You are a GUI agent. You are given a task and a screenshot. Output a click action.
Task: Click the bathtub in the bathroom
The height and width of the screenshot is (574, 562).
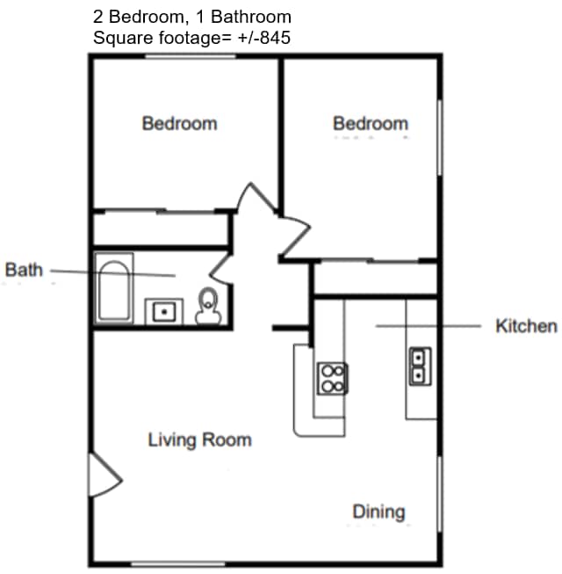[114, 289]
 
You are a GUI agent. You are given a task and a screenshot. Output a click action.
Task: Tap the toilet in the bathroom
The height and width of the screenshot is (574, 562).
[208, 306]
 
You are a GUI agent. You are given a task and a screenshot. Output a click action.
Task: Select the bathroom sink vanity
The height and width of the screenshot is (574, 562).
[162, 311]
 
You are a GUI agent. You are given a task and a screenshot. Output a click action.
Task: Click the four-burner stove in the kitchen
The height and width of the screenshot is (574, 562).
[333, 377]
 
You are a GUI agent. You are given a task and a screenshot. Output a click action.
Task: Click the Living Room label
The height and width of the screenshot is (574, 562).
[199, 440]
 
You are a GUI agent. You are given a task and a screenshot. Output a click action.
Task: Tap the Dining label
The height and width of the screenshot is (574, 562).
[379, 511]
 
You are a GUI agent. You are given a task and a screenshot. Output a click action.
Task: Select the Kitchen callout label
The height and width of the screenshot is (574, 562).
[526, 326]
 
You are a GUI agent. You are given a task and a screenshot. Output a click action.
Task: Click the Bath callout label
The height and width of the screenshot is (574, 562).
[24, 270]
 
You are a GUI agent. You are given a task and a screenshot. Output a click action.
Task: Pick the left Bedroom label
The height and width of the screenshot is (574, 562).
[179, 123]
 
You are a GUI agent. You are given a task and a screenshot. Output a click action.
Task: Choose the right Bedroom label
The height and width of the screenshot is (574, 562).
[371, 123]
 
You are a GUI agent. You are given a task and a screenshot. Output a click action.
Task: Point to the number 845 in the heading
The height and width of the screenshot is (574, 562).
[273, 38]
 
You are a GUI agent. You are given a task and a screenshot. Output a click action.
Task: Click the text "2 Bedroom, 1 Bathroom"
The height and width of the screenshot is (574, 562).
[191, 17]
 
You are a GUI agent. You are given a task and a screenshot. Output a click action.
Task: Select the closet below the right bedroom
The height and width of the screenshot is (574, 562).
[376, 279]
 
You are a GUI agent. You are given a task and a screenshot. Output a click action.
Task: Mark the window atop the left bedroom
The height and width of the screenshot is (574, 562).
[191, 57]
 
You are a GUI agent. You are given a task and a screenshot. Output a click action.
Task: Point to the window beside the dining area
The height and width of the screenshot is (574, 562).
[438, 493]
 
